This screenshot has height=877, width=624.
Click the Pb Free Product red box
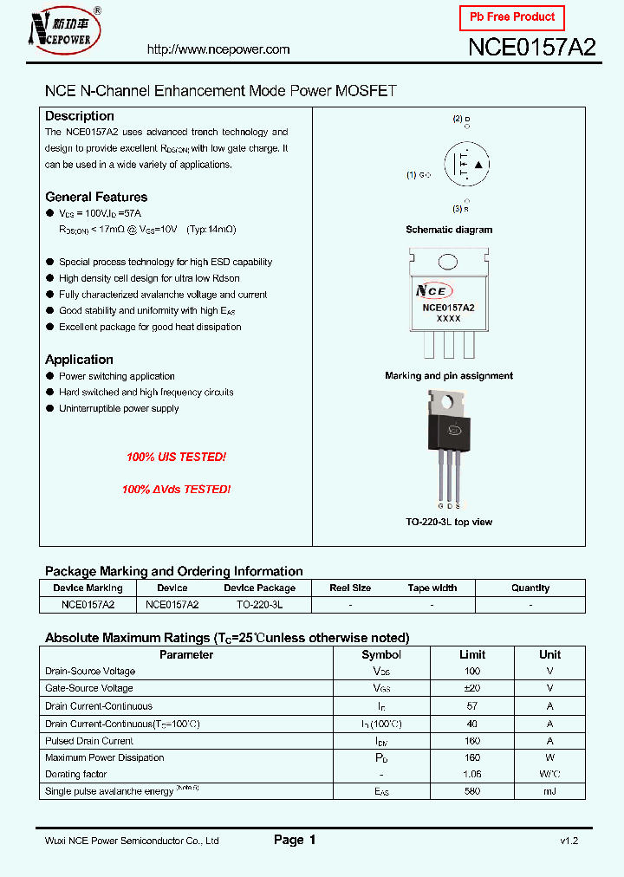[512, 17]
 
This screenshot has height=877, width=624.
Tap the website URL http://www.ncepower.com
[218, 49]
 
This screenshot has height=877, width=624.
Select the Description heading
[80, 116]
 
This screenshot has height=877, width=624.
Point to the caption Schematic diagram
[449, 230]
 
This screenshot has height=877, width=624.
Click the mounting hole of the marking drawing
[448, 262]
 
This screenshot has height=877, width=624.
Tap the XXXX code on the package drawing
[448, 319]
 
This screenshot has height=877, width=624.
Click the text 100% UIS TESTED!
[176, 457]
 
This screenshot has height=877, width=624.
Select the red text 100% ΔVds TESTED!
[176, 490]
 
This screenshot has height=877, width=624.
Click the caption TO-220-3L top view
[449, 522]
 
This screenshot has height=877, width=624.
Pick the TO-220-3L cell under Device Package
[259, 604]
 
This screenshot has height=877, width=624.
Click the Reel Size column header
[351, 588]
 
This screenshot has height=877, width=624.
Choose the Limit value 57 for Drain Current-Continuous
[472, 706]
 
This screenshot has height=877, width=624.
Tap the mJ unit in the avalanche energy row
[549, 791]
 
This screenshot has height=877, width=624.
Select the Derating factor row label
[75, 774]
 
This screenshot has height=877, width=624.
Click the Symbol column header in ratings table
[381, 655]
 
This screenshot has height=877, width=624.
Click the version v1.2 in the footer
[569, 841]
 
